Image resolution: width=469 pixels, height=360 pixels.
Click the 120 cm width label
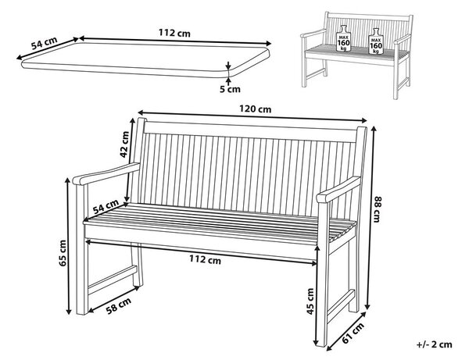255,109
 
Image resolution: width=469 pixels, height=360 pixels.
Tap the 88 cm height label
377,209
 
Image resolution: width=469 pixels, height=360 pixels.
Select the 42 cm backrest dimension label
124,144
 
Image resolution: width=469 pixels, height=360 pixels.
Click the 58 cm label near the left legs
119,305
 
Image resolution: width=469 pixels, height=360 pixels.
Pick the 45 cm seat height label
310,301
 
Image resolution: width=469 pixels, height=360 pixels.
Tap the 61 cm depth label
353,333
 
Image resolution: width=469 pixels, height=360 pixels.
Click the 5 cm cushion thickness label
230,89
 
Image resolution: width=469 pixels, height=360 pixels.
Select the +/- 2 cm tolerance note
435,344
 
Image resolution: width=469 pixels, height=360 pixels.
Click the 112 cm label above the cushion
174,32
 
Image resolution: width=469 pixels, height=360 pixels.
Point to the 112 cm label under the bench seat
205,259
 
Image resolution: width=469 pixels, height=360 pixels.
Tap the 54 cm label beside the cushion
45,43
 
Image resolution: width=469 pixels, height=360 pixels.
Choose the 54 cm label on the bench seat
106,207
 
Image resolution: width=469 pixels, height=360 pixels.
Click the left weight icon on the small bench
343,38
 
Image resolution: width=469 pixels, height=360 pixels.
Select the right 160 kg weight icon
375,41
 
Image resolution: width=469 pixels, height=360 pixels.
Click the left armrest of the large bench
106,173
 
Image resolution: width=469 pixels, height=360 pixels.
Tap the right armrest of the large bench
338,189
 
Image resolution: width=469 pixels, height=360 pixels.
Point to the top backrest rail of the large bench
251,132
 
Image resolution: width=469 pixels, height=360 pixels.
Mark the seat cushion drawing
145,59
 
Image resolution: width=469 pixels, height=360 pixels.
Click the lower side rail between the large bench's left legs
112,280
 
